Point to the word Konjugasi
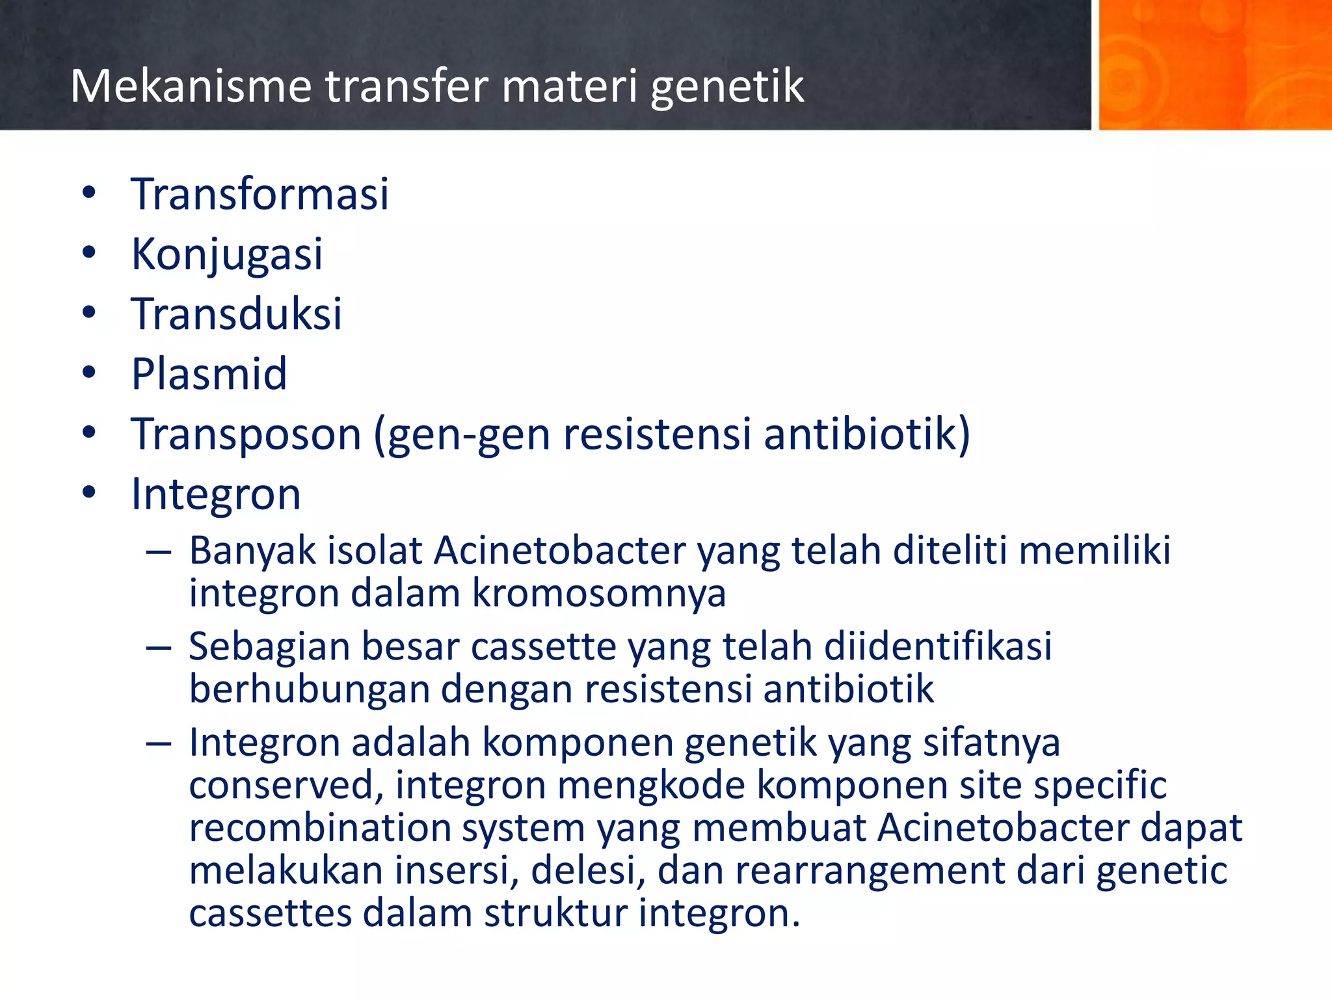pos(226,254)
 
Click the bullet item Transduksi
pos(236,313)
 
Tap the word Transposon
pos(246,434)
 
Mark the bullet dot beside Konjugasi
pos(89,252)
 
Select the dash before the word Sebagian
pos(159,648)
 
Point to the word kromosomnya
pos(598,593)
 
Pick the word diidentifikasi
pos(938,646)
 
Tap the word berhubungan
pos(310,689)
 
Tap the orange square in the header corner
pos(1214,64)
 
